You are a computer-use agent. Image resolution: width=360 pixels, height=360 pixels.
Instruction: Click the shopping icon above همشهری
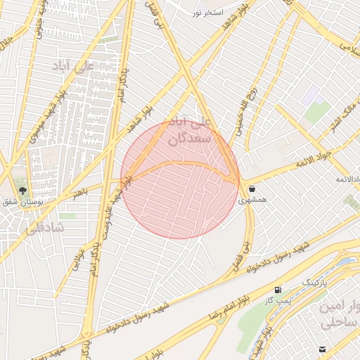click(251, 188)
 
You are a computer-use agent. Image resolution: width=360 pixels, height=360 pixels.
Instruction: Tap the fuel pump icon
click(278, 290)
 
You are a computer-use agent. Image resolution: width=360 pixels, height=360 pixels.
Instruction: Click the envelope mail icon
click(322, 349)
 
